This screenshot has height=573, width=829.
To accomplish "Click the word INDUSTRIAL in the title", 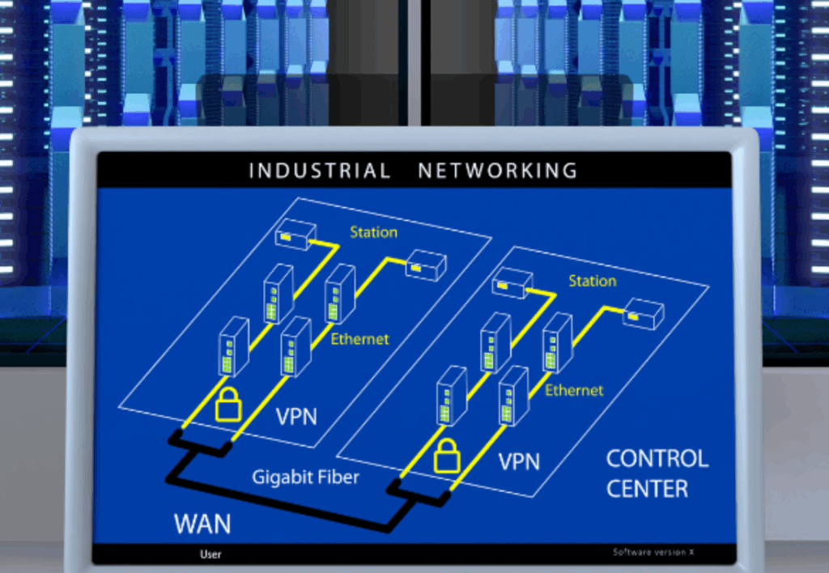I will (x=319, y=171).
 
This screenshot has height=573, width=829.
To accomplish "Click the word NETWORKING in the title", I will (x=498, y=171).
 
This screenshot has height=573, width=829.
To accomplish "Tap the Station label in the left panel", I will (x=373, y=232).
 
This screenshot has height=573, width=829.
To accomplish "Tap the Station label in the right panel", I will (x=592, y=281).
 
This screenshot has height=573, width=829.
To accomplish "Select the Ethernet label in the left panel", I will (x=359, y=339).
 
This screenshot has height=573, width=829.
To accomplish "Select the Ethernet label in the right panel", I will (x=574, y=390).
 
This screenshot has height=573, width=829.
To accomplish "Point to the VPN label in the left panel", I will (x=296, y=417).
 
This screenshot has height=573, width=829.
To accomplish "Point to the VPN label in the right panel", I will (x=519, y=462).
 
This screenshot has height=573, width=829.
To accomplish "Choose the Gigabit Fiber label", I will (x=305, y=477).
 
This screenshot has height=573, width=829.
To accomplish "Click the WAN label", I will (x=202, y=524).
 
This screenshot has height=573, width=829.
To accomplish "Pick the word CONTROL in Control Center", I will (x=657, y=459).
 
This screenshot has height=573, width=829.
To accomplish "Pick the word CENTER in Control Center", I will (x=647, y=489).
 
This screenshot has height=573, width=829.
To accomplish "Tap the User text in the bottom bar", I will (x=210, y=554).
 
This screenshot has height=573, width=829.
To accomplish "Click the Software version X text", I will (x=653, y=552).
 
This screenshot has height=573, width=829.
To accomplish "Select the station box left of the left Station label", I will (x=295, y=235).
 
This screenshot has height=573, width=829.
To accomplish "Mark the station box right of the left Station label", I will (x=426, y=265).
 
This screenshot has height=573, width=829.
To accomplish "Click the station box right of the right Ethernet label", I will (x=643, y=313).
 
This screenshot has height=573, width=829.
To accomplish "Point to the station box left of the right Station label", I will (x=512, y=283).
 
